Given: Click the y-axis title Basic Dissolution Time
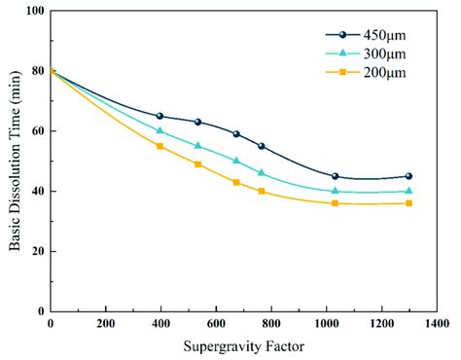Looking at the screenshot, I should (x=16, y=161).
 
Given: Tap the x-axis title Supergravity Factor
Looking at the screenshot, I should (x=243, y=346).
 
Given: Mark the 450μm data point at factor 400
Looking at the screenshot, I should (x=160, y=116).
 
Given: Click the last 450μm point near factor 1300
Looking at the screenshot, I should (x=408, y=176).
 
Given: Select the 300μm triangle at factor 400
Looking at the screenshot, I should (x=160, y=130).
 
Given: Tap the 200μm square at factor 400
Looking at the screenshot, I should (x=160, y=146).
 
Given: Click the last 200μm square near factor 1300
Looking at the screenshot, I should (x=408, y=203).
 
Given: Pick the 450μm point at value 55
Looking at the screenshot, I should (x=261, y=146).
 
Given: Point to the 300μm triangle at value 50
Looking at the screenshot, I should (x=235, y=161).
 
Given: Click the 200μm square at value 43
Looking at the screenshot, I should (x=235, y=182).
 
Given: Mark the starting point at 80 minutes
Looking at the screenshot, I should (x=50, y=71).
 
